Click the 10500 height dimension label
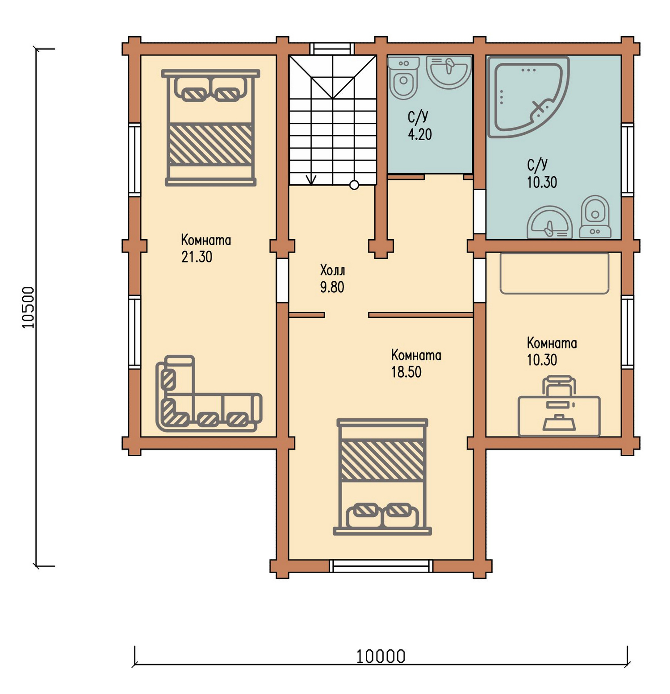[x=28, y=308]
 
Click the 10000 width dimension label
[x=381, y=657]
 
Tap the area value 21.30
[x=197, y=257]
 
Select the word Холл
[x=332, y=270]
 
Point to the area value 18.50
[x=406, y=372]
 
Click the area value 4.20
[x=420, y=134]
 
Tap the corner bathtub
[x=528, y=96]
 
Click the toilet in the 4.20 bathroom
[x=404, y=78]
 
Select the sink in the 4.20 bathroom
[x=449, y=71]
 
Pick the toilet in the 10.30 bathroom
[x=595, y=217]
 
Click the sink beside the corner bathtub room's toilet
[x=549, y=222]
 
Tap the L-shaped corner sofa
[x=208, y=394]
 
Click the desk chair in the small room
[x=558, y=385]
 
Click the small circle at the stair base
[x=354, y=185]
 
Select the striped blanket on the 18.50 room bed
[x=382, y=460]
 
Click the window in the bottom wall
[x=381, y=566]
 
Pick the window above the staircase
[x=332, y=49]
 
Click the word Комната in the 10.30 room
[x=552, y=343]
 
